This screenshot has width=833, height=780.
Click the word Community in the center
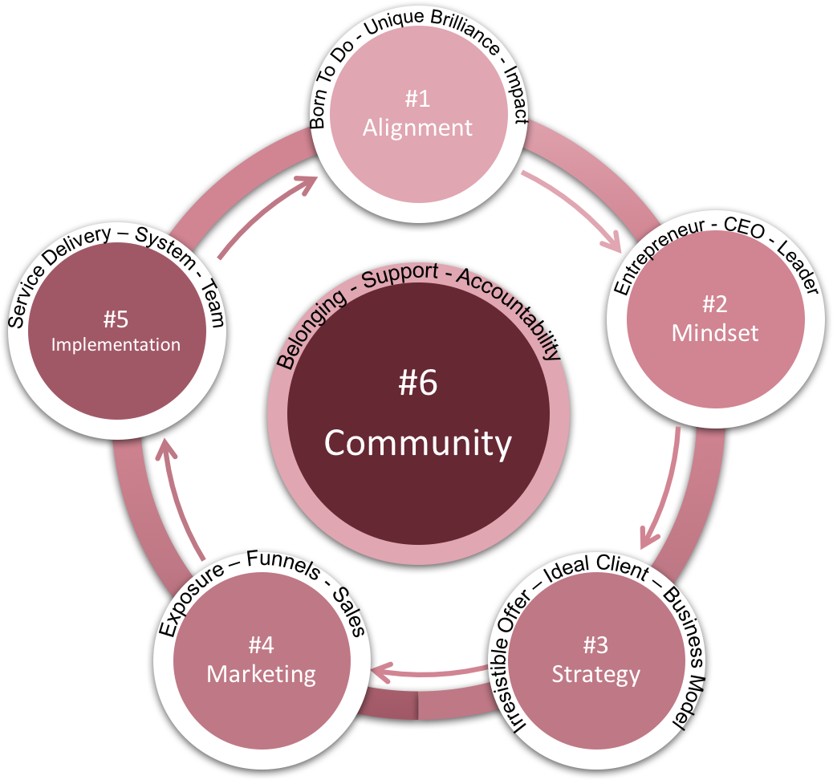click(417, 443)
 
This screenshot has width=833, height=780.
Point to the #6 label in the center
click(417, 384)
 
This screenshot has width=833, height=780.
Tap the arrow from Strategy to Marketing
click(433, 670)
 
